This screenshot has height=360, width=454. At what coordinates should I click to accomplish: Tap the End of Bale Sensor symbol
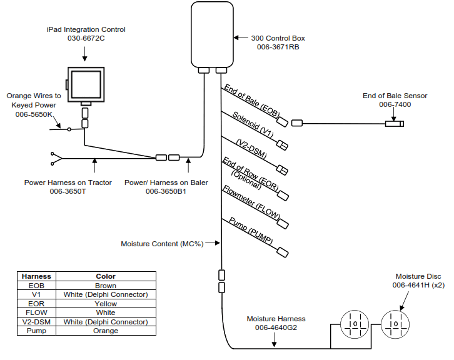pos(394,123)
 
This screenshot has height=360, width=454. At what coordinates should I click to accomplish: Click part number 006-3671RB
pos(278,47)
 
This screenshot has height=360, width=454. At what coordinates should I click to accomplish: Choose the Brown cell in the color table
pos(106,286)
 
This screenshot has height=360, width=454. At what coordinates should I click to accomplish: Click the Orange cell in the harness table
pos(106,331)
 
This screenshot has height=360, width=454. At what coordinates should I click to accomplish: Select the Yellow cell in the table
pos(106,304)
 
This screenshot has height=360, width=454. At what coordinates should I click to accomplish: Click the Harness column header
pos(36,276)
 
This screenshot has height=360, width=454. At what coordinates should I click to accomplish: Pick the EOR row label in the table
pos(36,304)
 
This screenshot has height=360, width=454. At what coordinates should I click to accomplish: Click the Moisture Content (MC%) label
pos(162,243)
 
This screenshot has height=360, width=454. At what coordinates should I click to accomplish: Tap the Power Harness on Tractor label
pos(68,182)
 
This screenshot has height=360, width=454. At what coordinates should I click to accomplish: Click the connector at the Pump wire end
pos(283,252)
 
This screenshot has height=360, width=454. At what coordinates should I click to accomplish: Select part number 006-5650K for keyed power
pos(34,114)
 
